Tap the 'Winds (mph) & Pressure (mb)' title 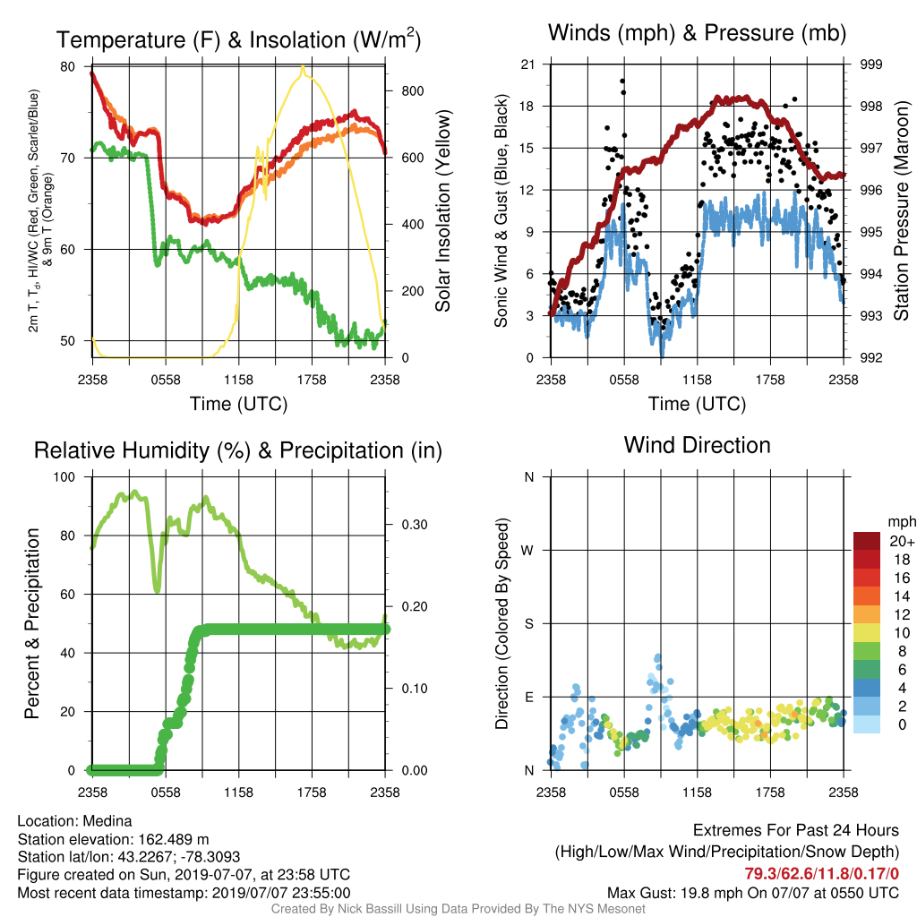[x=697, y=33]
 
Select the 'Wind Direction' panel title [x=697, y=445]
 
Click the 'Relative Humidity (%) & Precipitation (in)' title [x=238, y=450]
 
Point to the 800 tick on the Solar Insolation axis [x=412, y=91]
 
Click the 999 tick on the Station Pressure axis [x=870, y=64]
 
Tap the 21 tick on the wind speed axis [x=527, y=64]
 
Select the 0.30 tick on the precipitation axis [x=415, y=525]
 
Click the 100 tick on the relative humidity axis [x=64, y=476]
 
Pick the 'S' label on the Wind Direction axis [x=528, y=623]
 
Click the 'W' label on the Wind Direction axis [x=527, y=551]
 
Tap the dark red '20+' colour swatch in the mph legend [x=867, y=541]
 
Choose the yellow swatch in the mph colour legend [x=867, y=633]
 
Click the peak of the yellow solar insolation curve [x=303, y=66]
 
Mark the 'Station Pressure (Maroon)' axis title [x=902, y=210]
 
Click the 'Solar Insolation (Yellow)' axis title [x=443, y=210]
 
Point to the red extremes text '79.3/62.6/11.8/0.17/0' [x=822, y=874]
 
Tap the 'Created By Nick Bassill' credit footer [x=458, y=909]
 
